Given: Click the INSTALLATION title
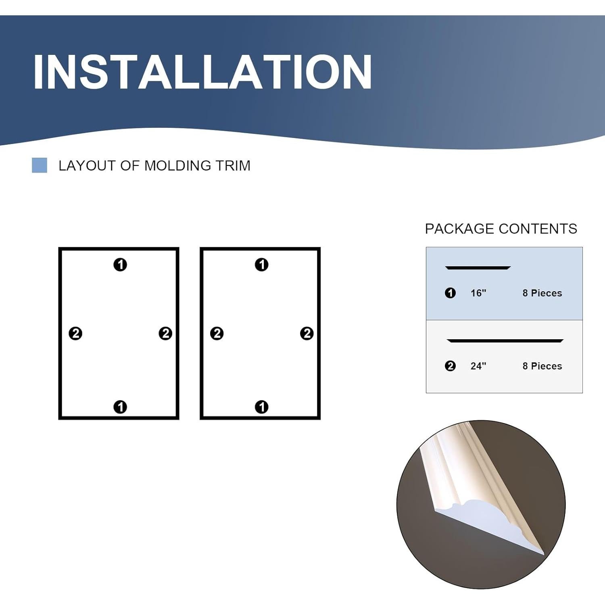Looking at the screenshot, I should click(202, 72).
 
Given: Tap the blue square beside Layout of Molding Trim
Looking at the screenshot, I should click(40, 165).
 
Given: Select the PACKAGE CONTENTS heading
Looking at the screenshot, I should click(501, 229).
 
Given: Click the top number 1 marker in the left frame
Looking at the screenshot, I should click(120, 265).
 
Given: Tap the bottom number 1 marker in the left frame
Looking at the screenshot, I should click(120, 407).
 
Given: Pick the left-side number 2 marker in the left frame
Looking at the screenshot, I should click(75, 334).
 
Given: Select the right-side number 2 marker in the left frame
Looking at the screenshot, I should click(165, 334).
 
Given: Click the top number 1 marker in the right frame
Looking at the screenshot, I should click(262, 265).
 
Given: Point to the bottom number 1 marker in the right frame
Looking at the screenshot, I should click(262, 407).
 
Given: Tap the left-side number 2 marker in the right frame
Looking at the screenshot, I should click(217, 334).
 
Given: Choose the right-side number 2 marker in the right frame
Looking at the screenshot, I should click(307, 334).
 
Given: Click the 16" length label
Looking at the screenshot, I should click(478, 293).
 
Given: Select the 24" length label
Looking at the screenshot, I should click(478, 366).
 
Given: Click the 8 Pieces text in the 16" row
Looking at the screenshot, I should click(542, 293).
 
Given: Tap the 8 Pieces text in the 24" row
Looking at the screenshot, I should click(542, 366).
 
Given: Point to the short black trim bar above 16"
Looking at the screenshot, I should click(478, 267).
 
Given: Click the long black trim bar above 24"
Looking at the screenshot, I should click(505, 341).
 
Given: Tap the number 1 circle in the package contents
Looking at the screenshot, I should click(450, 293).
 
